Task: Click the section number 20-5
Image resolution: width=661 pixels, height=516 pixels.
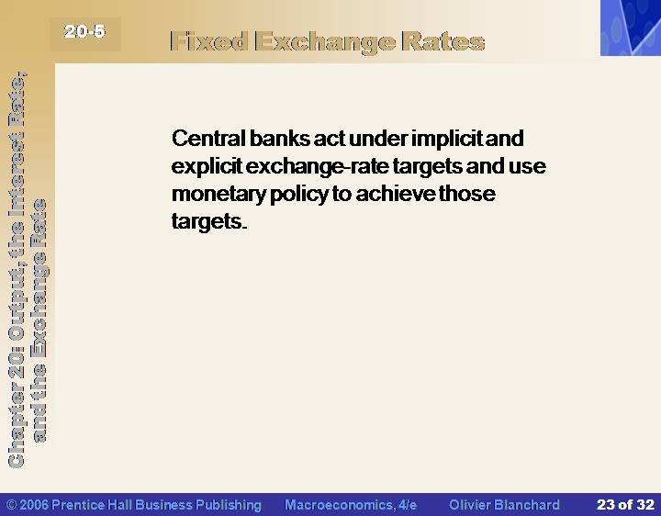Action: pyautogui.click(x=84, y=31)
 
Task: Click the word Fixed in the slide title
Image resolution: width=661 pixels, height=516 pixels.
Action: pyautogui.click(x=208, y=41)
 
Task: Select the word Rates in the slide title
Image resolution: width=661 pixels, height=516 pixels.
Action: pyautogui.click(x=443, y=41)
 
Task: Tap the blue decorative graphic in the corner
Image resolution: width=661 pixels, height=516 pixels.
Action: pyautogui.click(x=631, y=28)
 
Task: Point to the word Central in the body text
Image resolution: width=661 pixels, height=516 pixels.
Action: pyautogui.click(x=208, y=138)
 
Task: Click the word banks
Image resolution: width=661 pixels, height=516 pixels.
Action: pyautogui.click(x=279, y=138)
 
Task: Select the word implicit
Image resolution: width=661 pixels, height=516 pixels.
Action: pyautogui.click(x=446, y=139)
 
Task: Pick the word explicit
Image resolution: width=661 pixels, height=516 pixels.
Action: pyautogui.click(x=207, y=166)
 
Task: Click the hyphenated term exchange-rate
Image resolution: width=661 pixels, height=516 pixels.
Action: pyautogui.click(x=317, y=166)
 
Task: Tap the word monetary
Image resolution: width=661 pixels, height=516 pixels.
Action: pyautogui.click(x=218, y=194)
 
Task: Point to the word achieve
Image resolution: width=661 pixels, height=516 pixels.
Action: pyautogui.click(x=396, y=193)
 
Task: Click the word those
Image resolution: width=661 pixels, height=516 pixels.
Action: pyautogui.click(x=467, y=193)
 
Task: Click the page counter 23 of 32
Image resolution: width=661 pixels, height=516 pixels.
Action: pyautogui.click(x=625, y=505)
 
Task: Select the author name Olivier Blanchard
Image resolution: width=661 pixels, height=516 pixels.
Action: pyautogui.click(x=504, y=505)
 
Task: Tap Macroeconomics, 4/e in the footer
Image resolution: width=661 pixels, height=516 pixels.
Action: pyautogui.click(x=351, y=505)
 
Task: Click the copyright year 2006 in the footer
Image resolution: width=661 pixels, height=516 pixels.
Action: pyautogui.click(x=33, y=505)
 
